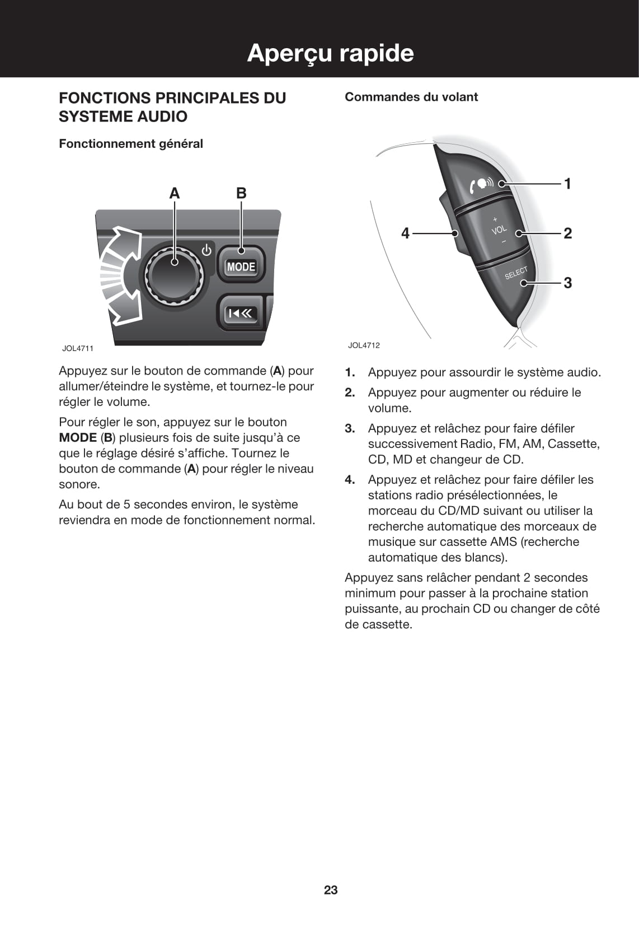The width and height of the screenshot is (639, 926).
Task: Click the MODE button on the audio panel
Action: pos(241,267)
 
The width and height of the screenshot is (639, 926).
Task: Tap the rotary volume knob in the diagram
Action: pos(174,274)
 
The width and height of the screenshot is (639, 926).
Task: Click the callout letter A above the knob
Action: pos(175,193)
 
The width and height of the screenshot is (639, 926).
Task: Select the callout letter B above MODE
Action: pos(241,193)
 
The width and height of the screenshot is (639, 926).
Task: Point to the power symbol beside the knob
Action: pos(206,250)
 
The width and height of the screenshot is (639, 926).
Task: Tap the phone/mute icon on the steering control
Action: pos(481,183)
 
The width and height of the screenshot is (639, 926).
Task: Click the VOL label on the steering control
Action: pos(499,230)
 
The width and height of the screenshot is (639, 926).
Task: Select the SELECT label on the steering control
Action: pos(516,273)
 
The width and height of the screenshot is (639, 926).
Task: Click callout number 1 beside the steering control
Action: pos(567,184)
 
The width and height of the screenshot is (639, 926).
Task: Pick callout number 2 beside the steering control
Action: pos(567,233)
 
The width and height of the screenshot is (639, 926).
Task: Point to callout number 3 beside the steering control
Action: pos(567,283)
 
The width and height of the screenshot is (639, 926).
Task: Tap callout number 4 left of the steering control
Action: pos(406,233)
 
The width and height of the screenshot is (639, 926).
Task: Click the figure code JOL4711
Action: pos(78,348)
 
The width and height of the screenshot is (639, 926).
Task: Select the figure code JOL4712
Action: pos(364,345)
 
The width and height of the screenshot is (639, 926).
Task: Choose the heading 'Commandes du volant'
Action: pos(411,97)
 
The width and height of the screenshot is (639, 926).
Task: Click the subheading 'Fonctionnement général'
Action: pos(131,144)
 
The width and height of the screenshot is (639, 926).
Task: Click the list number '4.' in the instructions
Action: pos(350,480)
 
